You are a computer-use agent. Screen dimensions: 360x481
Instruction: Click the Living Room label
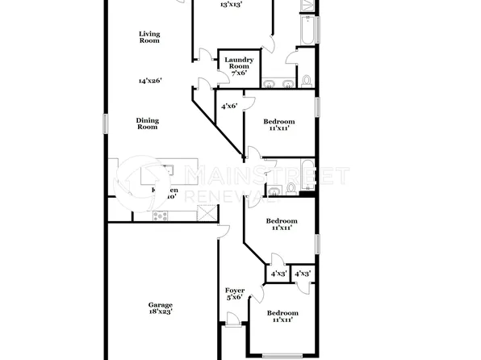[149, 37]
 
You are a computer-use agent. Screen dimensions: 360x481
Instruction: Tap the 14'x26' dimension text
[149, 81]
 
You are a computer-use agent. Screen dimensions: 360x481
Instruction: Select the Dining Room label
[148, 123]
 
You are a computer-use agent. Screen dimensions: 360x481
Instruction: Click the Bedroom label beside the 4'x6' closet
[278, 121]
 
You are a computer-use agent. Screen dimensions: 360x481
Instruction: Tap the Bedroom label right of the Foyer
[282, 316]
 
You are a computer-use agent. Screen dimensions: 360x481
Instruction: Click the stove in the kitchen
[159, 216]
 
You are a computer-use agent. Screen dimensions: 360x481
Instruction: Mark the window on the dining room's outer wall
[105, 123]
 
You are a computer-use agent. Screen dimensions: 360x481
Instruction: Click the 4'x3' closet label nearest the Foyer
[278, 274]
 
